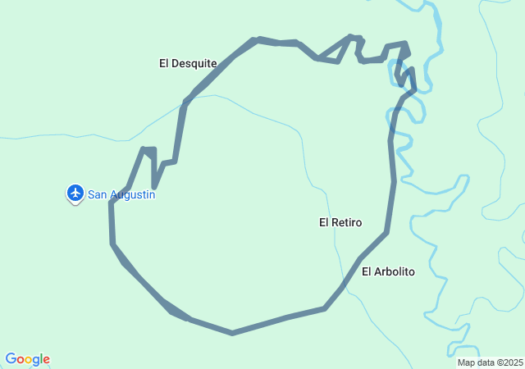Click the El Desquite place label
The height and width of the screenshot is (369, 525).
pyautogui.click(x=188, y=63)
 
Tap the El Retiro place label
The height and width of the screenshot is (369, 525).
pyautogui.click(x=340, y=222)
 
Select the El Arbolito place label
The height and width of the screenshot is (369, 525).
pyautogui.click(x=388, y=271)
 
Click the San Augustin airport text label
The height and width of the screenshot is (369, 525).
pyautogui.click(x=121, y=195)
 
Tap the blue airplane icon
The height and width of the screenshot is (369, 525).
pyautogui.click(x=75, y=193)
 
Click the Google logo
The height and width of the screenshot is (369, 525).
pyautogui.click(x=27, y=359)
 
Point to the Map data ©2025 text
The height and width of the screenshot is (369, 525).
pyautogui.click(x=490, y=362)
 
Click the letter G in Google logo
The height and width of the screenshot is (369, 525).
pyautogui.click(x=11, y=359)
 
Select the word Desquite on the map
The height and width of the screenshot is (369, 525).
pyautogui.click(x=194, y=63)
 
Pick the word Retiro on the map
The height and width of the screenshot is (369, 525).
pyautogui.click(x=347, y=222)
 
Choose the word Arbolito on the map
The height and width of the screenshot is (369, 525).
pyautogui.click(x=395, y=271)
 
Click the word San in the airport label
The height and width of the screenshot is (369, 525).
pyautogui.click(x=96, y=195)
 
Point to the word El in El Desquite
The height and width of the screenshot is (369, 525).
pyautogui.click(x=164, y=63)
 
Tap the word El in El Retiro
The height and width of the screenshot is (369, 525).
pyautogui.click(x=324, y=222)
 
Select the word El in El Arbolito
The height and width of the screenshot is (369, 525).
pyautogui.click(x=367, y=271)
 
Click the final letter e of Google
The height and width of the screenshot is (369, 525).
pyautogui.click(x=46, y=360)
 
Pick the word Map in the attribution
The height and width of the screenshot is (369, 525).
pyautogui.click(x=466, y=362)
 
